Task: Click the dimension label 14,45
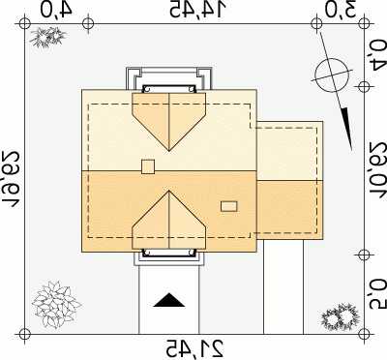pos(196,10)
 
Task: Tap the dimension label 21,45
pos(194,348)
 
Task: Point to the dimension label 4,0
pos(56,10)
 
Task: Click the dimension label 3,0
pos(341,10)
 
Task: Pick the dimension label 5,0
pos(378,294)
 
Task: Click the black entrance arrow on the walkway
pos(169,300)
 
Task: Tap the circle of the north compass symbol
pos(332,75)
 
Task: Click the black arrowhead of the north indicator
pos(346,129)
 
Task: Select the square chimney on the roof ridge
pos(148,166)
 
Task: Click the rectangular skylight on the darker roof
pos(229,206)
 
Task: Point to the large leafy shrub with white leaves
pos(55,304)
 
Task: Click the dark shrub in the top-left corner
pos(47,36)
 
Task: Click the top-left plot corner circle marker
pos(24,23)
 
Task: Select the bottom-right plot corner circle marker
pos(364,334)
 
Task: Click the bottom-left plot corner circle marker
pos(24,334)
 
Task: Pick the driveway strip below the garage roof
pos(283,286)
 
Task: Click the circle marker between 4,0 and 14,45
pos(88,23)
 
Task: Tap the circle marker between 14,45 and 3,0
pos(316,23)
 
